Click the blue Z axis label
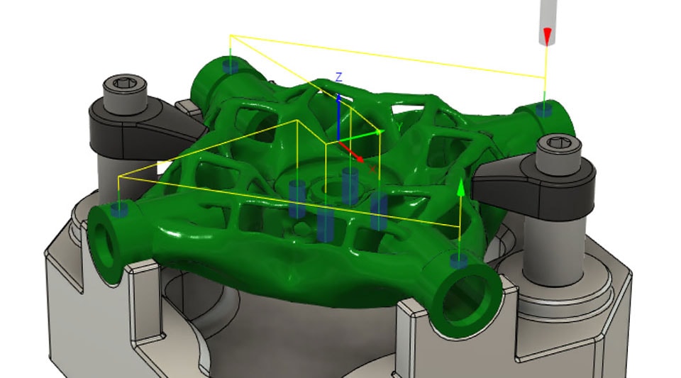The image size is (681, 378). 339,77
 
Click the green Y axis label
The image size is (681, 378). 399,126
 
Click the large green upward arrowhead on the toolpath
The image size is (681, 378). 461,187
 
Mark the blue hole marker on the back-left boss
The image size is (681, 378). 230,66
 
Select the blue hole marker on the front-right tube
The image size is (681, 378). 459,262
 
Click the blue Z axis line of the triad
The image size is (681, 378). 339,113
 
